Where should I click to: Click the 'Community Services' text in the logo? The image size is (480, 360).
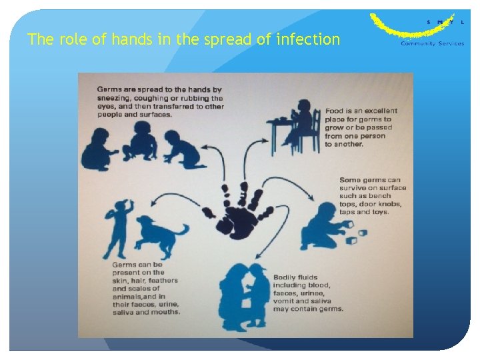tap(431, 44)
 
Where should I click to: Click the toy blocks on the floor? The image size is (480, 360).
tap(357, 236)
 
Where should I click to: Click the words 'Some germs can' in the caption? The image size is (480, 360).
tap(370, 180)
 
